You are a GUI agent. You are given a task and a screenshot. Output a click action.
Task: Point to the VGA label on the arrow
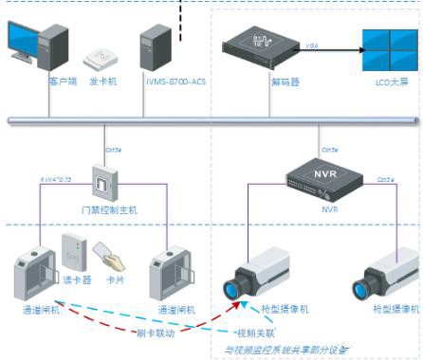tap(312, 45)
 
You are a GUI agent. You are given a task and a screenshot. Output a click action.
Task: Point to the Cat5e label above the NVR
tap(329, 150)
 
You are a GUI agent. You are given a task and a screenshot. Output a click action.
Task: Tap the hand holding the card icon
tap(109, 256)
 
